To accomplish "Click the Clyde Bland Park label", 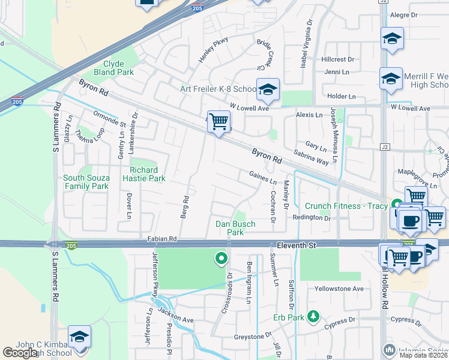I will click(118, 68).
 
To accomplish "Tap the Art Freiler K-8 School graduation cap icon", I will click(268, 91).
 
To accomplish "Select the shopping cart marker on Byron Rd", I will click(219, 122).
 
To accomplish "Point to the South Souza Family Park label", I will click(86, 182).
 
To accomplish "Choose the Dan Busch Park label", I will click(235, 228).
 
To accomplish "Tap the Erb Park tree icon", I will click(312, 316).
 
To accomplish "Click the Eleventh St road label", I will click(296, 246).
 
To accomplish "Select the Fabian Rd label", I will click(162, 239).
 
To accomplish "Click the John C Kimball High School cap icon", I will click(79, 337).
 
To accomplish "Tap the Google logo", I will click(20, 353).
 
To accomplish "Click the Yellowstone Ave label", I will click(340, 289).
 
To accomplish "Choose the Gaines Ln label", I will click(263, 178).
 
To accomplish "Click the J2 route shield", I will click(385, 147).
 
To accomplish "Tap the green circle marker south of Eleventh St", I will click(221, 259).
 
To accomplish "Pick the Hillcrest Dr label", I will click(338, 60).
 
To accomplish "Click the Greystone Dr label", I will click(252, 337).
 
